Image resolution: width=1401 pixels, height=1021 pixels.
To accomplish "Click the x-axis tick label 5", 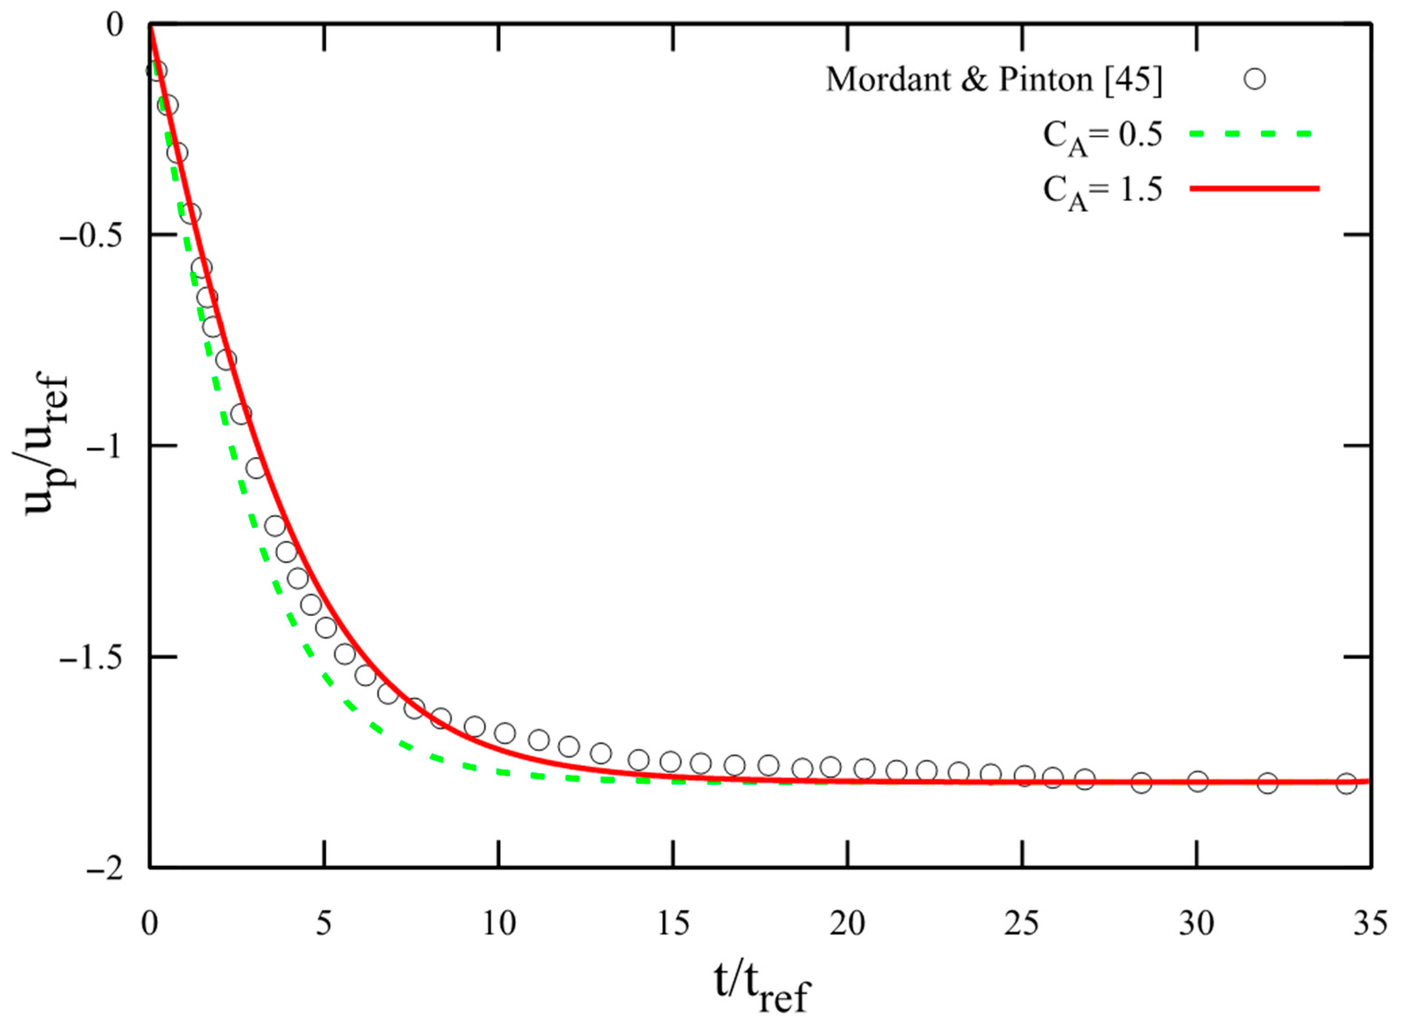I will click(324, 925).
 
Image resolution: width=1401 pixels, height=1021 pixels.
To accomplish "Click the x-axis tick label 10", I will click(498, 925).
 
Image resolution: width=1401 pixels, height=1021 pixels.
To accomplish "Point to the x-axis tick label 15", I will click(673, 925).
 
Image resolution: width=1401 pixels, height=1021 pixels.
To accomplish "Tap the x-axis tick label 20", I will click(848, 925).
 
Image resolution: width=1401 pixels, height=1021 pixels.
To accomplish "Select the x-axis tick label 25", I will click(1023, 925).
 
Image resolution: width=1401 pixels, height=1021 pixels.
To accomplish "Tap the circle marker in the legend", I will click(1255, 79).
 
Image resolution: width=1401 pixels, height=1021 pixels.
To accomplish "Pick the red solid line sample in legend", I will click(1254, 189).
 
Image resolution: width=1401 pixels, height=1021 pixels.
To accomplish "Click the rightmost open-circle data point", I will click(1346, 783).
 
